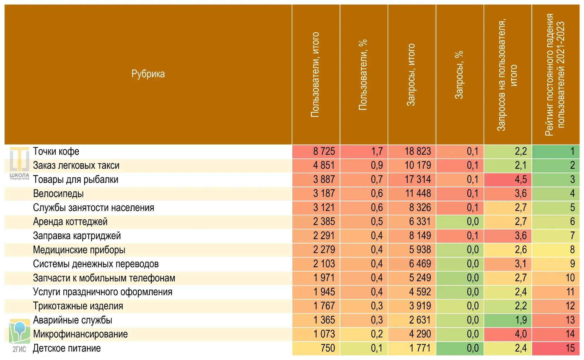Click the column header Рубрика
(x=148, y=74)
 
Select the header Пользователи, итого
(x=315, y=75)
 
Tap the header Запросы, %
(x=459, y=75)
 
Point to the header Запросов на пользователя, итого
(x=507, y=75)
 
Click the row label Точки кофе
(x=56, y=151)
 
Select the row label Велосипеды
(x=58, y=194)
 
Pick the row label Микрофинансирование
(x=80, y=334)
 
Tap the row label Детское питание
(x=67, y=348)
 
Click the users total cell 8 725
(x=324, y=151)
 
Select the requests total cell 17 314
(x=418, y=180)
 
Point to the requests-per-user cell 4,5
(x=521, y=180)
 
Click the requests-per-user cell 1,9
(x=521, y=320)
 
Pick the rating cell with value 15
(x=570, y=348)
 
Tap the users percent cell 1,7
(x=377, y=151)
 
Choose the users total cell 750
(x=328, y=348)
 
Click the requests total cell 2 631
(x=420, y=320)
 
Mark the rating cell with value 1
(x=572, y=151)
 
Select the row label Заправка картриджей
(x=77, y=236)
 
